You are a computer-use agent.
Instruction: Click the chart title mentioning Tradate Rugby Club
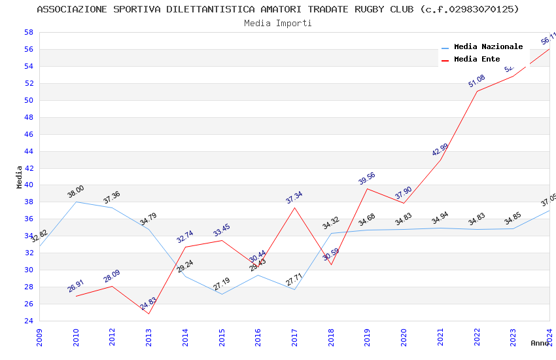278,9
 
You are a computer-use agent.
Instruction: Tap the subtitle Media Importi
278,24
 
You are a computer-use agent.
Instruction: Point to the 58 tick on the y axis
28,32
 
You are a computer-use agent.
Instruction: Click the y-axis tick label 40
28,185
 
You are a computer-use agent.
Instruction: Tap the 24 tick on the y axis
28,321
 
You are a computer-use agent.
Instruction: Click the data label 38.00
76,192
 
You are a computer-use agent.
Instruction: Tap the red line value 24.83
148,304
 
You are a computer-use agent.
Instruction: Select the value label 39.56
367,179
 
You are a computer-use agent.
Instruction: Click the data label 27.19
222,284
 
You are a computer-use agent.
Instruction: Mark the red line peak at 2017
295,207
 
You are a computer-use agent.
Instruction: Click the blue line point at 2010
77,202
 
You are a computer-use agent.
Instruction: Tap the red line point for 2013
149,314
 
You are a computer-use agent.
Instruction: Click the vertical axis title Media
20,177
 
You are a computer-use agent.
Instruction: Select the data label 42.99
440,150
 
